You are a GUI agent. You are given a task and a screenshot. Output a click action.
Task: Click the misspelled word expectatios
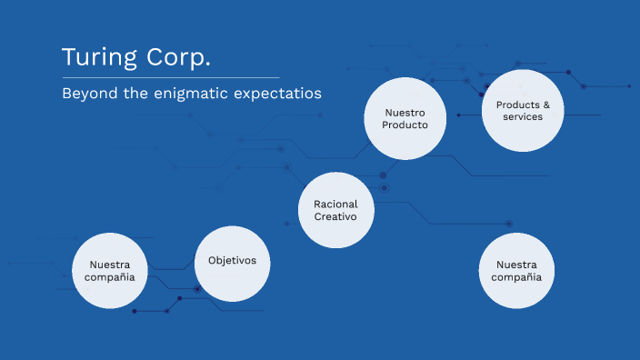point(281,93)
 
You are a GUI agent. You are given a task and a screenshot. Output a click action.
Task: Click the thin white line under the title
point(170,77)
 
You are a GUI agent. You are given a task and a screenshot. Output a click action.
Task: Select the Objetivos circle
point(233,263)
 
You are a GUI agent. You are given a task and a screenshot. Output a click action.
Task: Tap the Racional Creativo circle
point(336,210)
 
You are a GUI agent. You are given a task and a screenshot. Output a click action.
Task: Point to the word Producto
point(405,125)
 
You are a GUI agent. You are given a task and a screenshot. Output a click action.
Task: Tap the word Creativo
point(336,216)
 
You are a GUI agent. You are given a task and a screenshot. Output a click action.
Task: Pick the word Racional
point(336,204)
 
